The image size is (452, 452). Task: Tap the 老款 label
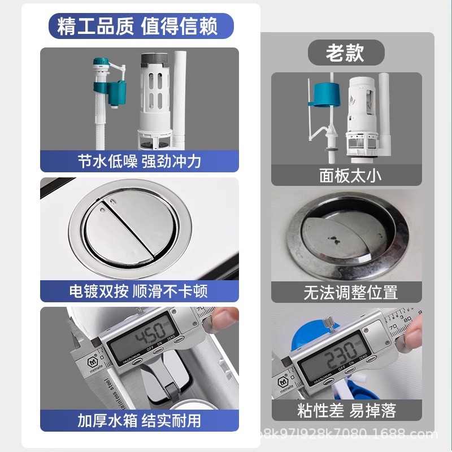click(345, 54)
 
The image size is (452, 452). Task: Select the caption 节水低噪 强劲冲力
click(140, 162)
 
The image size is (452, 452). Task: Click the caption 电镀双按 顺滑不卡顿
click(139, 291)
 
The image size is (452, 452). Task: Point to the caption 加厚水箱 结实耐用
click(139, 421)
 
